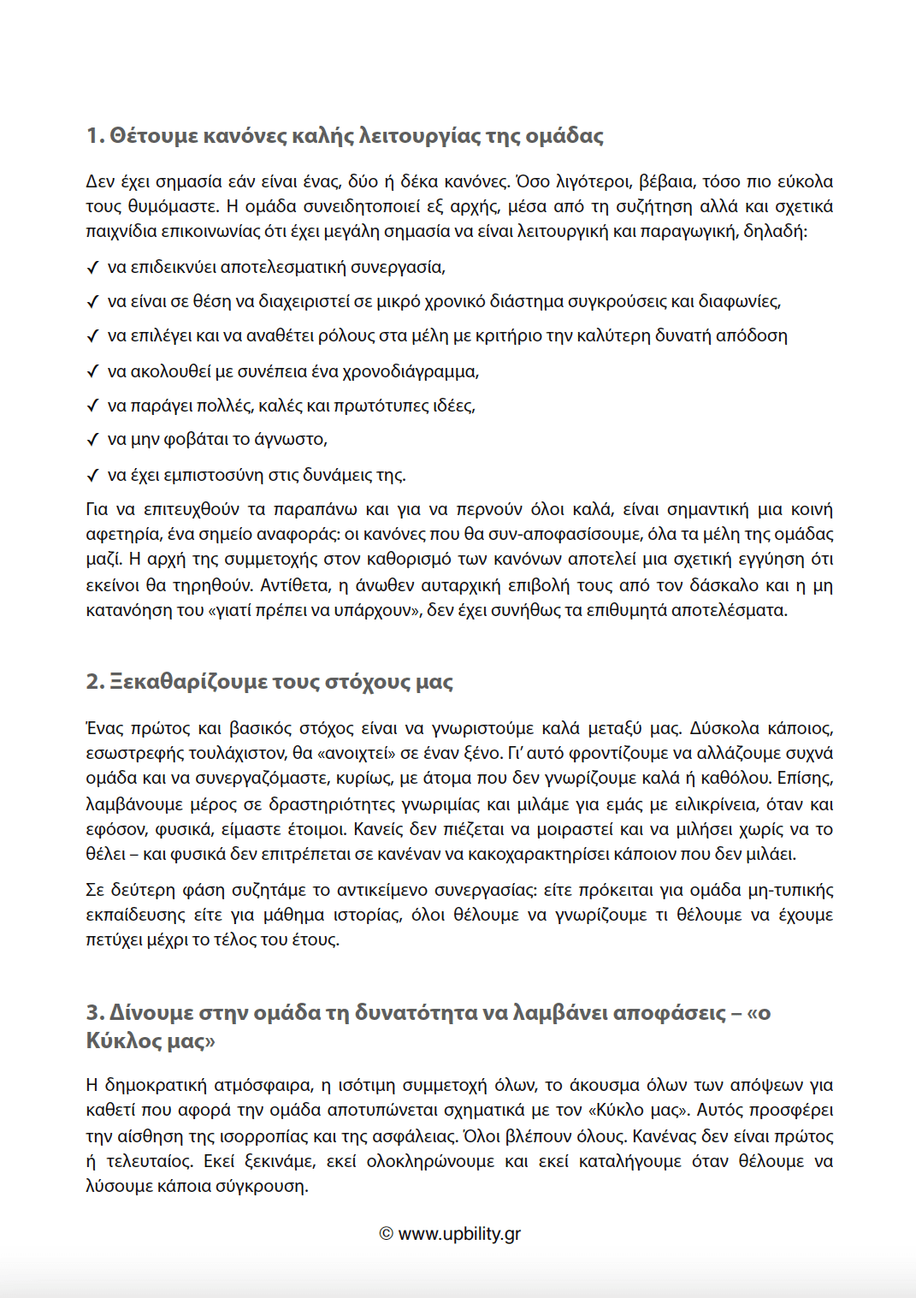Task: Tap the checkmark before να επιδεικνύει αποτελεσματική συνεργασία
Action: (x=93, y=268)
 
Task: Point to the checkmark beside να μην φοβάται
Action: (x=93, y=440)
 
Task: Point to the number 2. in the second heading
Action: (x=95, y=682)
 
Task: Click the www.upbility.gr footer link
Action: (x=459, y=1234)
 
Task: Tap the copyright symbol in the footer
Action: (x=386, y=1234)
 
